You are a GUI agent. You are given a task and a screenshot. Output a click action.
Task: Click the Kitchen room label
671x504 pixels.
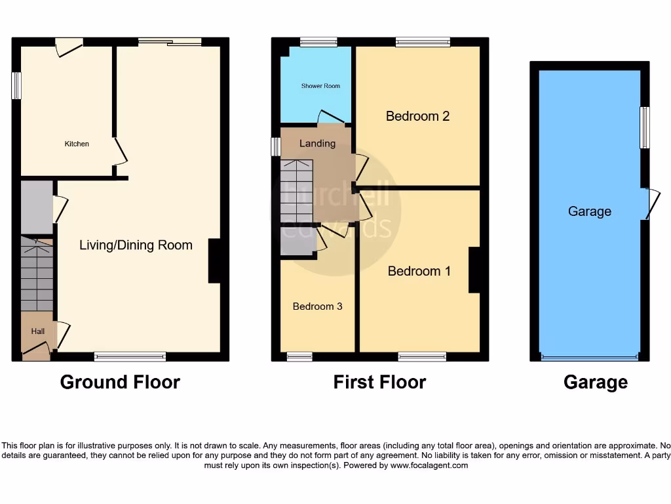(x=77, y=144)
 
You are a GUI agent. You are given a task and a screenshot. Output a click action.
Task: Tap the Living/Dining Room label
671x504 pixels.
(x=136, y=245)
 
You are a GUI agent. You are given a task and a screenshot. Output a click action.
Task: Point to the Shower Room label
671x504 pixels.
(x=320, y=86)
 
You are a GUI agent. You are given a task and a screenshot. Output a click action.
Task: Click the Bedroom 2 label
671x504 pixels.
(x=417, y=116)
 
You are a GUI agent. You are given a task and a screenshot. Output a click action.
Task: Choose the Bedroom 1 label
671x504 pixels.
(x=419, y=271)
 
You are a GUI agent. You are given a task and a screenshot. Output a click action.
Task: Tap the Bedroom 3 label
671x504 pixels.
(x=317, y=306)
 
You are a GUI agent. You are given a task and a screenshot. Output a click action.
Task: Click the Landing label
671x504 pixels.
(x=317, y=144)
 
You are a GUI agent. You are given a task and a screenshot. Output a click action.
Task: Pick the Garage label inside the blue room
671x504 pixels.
(x=590, y=211)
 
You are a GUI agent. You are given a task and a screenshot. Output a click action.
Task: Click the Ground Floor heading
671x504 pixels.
(x=120, y=382)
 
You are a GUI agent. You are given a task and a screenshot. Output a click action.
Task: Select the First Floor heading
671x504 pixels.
(x=379, y=382)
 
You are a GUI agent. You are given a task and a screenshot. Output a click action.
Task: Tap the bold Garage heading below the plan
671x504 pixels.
(x=595, y=382)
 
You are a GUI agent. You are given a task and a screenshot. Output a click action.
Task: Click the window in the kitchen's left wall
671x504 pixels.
(x=16, y=86)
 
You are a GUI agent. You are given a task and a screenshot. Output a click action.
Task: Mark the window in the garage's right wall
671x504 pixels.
(x=645, y=127)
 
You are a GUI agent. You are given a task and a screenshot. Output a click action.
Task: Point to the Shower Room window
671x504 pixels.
(x=318, y=42)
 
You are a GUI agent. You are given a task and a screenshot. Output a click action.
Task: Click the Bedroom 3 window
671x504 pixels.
(x=299, y=356)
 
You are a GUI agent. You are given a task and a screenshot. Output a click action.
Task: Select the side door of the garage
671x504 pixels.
(x=650, y=203)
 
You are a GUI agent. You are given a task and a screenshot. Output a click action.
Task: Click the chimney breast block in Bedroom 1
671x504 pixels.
(x=474, y=270)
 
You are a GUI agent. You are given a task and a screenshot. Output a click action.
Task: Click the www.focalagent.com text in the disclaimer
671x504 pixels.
(x=429, y=465)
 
